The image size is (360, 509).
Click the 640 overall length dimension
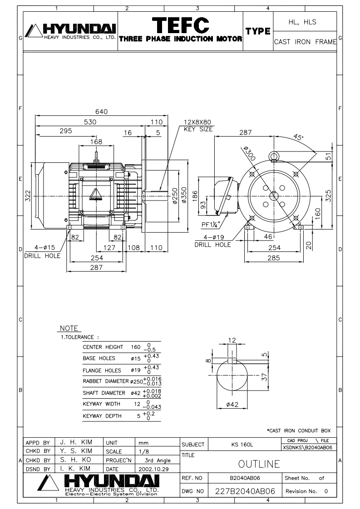pos(101,111)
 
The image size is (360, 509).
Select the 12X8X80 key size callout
pos(197,126)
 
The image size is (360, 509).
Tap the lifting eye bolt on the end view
pos(274,156)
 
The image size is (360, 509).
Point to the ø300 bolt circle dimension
pos(249,153)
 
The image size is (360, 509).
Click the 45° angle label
pos(298,137)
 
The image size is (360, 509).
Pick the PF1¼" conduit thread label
pos(211,225)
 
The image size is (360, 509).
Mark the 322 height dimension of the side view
pos(28,196)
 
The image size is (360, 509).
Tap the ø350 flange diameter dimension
pos(184,195)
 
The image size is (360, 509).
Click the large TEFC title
pos(181,24)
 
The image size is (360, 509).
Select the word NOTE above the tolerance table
pos(69,328)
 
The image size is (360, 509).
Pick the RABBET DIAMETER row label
pos(106,381)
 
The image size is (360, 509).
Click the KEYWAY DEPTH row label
pos(102,416)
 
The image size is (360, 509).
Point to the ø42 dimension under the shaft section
pos(232,405)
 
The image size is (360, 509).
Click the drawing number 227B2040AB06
pos(245,491)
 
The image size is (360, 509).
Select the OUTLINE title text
pos(259,464)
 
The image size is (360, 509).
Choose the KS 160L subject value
pos(242,445)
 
